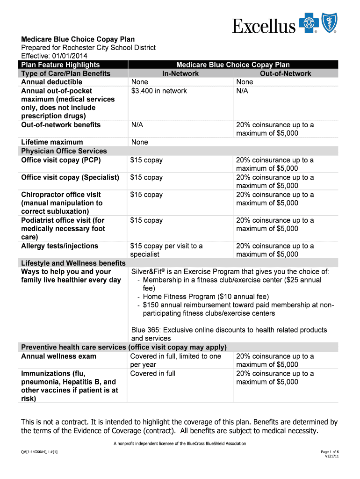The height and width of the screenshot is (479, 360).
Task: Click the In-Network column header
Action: click(180, 73)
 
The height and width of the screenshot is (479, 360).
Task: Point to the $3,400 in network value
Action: click(158, 91)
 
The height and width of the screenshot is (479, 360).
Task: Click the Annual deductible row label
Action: click(51, 82)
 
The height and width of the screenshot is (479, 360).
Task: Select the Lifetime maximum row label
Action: click(52, 142)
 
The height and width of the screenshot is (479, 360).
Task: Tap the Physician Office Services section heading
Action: click(64, 151)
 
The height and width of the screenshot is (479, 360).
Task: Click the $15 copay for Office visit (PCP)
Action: click(146, 160)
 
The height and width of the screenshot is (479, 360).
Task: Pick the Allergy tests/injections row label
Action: click(59, 246)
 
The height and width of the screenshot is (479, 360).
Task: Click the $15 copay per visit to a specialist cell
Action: click(166, 250)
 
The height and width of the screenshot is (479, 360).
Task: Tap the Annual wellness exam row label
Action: click(58, 356)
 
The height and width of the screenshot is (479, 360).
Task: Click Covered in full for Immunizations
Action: click(153, 373)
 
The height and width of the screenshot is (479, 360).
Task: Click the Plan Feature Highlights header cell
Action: click(60, 65)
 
